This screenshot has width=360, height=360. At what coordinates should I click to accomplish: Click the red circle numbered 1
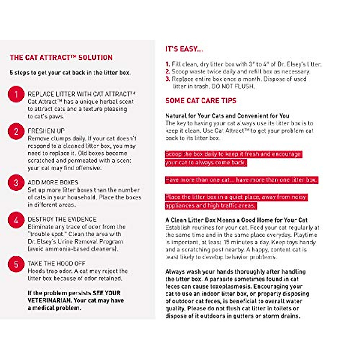(x=16, y=94)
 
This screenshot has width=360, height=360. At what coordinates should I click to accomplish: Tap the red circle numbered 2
(x=16, y=131)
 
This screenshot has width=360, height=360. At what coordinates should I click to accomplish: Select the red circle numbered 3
(x=16, y=183)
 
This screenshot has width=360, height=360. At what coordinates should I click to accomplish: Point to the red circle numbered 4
(x=16, y=220)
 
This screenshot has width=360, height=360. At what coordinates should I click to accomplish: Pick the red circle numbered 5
(x=16, y=264)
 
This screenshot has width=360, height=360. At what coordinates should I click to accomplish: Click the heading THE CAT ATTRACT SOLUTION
(x=61, y=58)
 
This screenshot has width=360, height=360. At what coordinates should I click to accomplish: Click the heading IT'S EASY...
(x=184, y=49)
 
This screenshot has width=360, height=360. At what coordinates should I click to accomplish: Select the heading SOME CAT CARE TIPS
(x=201, y=101)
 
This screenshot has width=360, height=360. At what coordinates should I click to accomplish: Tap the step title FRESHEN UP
(x=46, y=131)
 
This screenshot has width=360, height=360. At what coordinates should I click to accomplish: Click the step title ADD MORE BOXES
(x=53, y=183)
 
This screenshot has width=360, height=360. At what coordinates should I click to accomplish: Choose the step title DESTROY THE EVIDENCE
(x=62, y=220)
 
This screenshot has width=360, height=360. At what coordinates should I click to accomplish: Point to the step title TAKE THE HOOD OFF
(x=56, y=264)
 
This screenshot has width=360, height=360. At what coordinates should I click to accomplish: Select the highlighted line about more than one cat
(x=241, y=180)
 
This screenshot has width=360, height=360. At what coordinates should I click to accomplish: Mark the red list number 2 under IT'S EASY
(x=168, y=72)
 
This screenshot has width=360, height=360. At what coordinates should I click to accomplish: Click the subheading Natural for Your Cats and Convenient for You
(x=227, y=116)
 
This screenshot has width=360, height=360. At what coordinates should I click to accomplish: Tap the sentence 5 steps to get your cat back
(x=70, y=73)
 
